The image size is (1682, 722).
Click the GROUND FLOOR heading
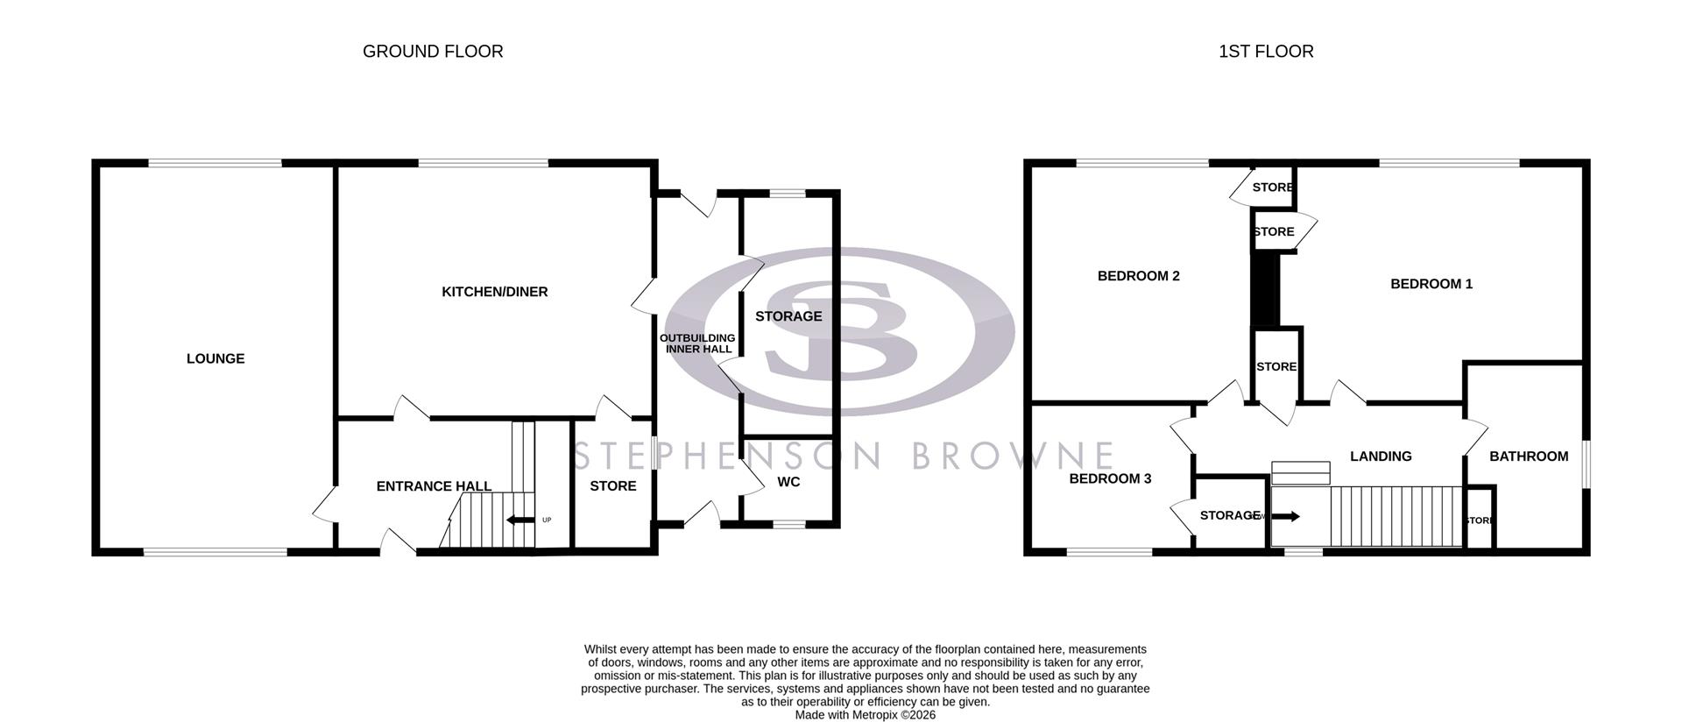coord(433,52)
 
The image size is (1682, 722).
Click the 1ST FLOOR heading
coord(1266,52)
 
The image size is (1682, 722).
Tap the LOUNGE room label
coord(216,358)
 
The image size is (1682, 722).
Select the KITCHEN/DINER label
coord(495,292)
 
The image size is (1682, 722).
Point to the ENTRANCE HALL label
coord(434,486)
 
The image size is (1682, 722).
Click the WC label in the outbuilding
coord(788,482)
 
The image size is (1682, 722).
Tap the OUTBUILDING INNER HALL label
coord(698,343)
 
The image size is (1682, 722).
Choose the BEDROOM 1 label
coord(1431,284)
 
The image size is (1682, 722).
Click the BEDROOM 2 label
coord(1139,276)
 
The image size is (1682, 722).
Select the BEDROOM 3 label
coord(1110,478)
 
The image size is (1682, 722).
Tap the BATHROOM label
coord(1529,456)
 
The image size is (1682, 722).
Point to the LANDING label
coord(1381,456)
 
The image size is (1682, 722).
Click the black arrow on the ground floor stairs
coord(520,520)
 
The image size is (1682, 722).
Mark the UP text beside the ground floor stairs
coord(547,520)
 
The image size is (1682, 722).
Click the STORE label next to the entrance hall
coord(613,486)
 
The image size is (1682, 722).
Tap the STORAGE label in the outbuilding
coord(788,316)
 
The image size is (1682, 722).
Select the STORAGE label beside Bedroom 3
coord(1230,515)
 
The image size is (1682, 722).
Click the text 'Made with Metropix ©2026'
coord(865,715)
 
